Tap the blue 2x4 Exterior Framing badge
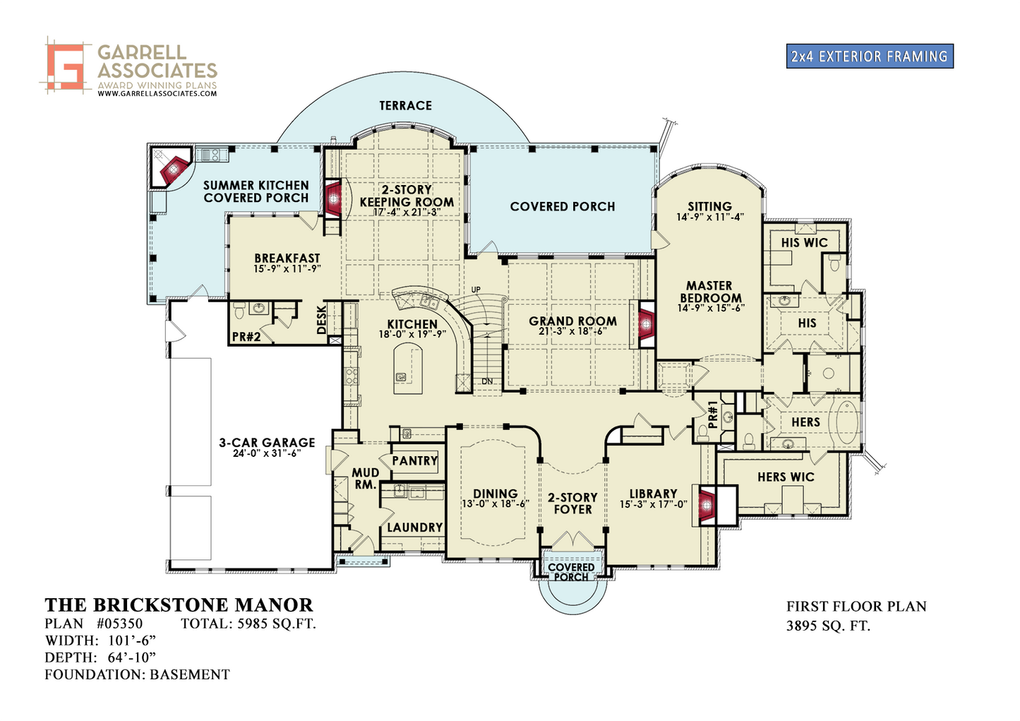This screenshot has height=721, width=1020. click(x=870, y=56)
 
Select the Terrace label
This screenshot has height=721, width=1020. click(x=406, y=106)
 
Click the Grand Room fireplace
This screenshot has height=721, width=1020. click(x=646, y=324)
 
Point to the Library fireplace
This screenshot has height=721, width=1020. click(x=707, y=504)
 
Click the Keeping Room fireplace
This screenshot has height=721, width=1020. click(x=333, y=198)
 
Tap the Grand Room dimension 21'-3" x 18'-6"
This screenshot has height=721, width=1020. click(x=573, y=332)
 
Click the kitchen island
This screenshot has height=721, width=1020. click(x=408, y=369)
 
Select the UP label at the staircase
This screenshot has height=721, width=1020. click(x=476, y=290)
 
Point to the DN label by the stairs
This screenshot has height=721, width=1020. click(x=487, y=381)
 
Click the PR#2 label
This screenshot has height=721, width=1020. click(x=246, y=337)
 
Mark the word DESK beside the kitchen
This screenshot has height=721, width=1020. click(x=321, y=320)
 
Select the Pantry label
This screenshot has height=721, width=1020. click(x=415, y=460)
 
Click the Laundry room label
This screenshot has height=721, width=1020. click(x=415, y=528)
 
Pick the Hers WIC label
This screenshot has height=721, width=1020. click(x=786, y=477)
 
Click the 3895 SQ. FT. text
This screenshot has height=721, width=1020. click(x=828, y=626)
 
